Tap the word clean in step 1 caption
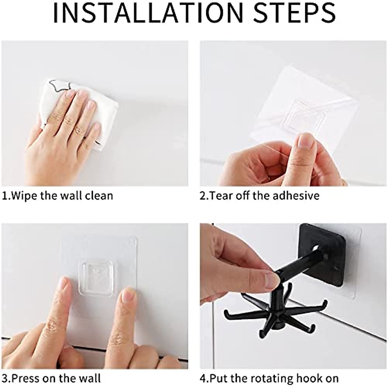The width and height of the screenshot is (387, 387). [x=99, y=196]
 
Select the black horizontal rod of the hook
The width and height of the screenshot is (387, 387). [x=300, y=264]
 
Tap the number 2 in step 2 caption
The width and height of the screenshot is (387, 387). [x=203, y=196]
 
